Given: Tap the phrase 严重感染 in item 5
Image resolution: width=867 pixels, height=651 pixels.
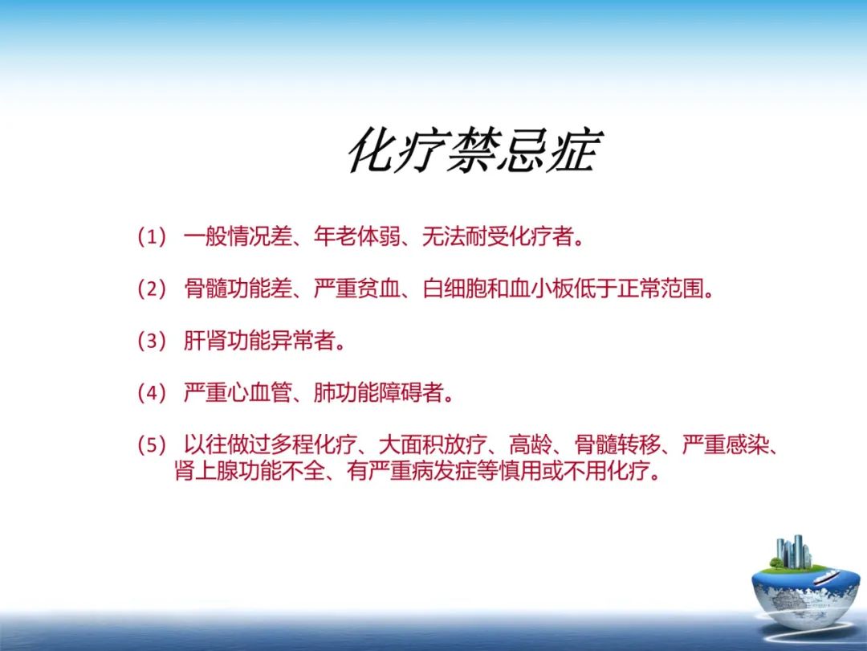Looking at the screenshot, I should (x=725, y=445).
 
